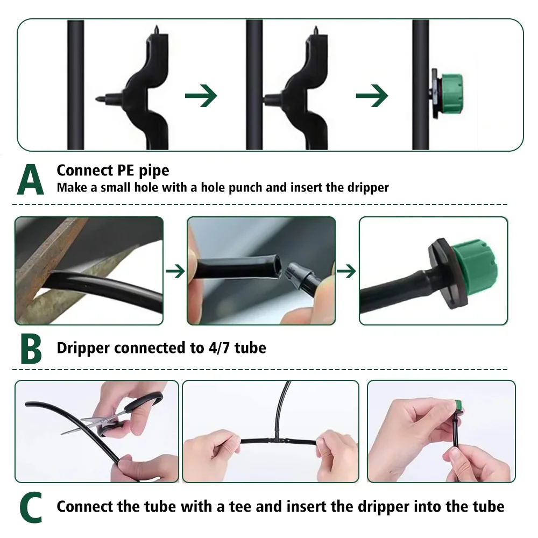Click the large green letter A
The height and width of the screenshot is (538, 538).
[31, 179]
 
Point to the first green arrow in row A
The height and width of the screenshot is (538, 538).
[201, 96]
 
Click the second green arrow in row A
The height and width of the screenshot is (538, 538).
[372, 96]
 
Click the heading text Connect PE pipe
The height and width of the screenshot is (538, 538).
[113, 171]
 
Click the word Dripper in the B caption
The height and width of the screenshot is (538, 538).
[83, 348]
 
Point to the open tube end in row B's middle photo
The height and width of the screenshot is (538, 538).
[274, 265]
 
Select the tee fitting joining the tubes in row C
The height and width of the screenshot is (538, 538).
[274, 440]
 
